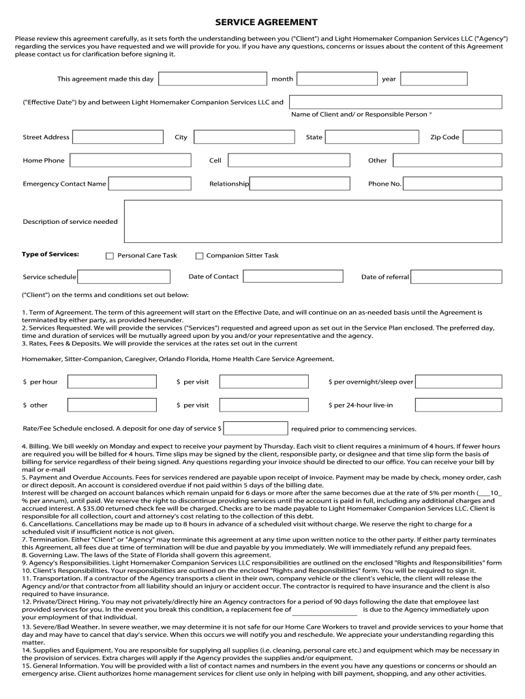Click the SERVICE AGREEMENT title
pos(262,23)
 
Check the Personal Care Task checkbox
pos(110,256)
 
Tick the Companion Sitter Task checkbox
pos(200,256)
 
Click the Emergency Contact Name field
pos(140,184)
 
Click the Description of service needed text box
pos(313,221)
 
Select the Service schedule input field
pos(123,276)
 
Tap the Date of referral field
pos(457,276)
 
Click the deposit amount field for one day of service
pos(256,429)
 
